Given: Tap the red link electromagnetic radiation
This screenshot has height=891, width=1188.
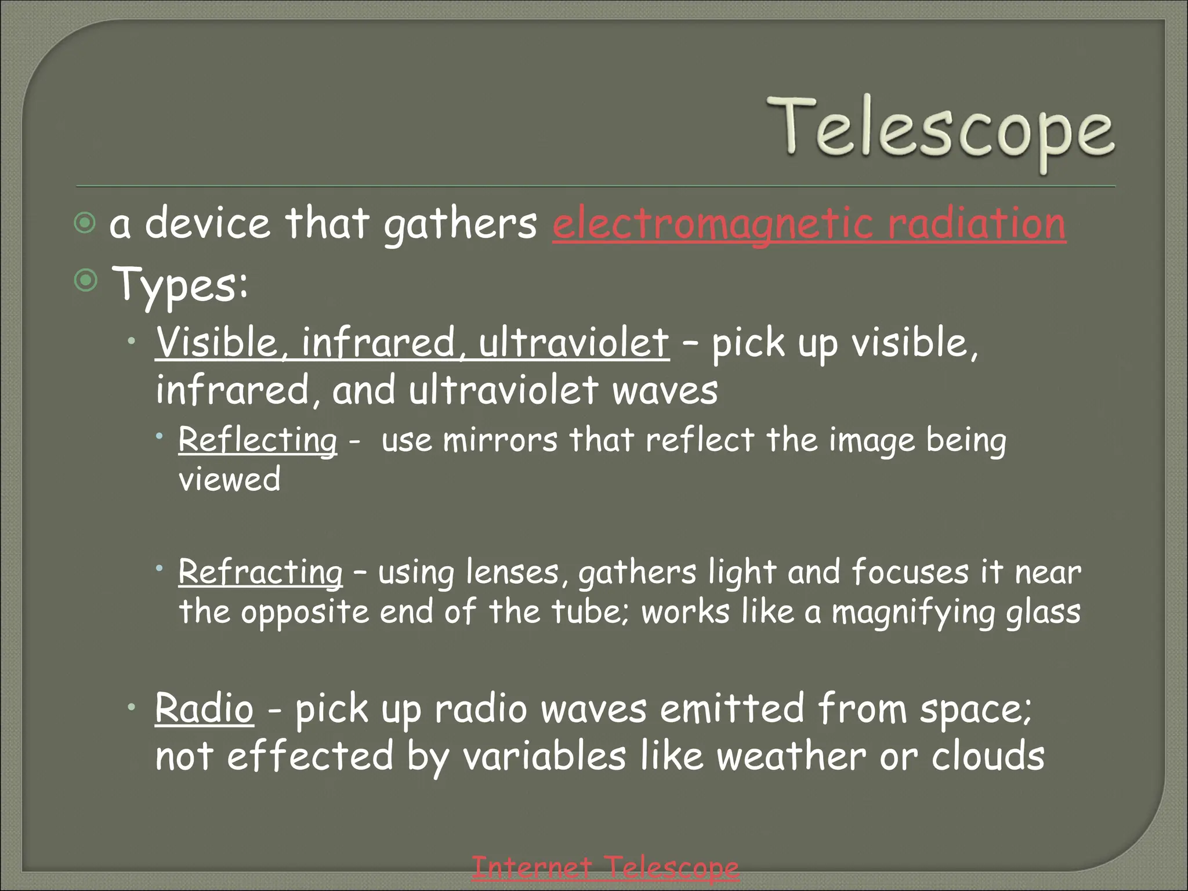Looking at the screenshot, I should [809, 224].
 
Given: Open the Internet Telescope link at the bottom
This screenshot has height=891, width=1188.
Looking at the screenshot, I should [605, 868].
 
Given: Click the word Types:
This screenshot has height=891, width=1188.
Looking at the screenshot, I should [180, 284].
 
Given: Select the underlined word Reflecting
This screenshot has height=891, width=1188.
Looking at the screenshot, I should [258, 440].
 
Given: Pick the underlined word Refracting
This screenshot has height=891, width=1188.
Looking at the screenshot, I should [260, 572].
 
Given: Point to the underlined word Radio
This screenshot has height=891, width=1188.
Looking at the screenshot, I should [204, 708].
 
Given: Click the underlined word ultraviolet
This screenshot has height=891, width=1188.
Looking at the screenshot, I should [574, 342].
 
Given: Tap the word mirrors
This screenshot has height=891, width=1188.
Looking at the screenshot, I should [500, 440].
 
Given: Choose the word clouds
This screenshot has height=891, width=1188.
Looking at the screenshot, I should [988, 756].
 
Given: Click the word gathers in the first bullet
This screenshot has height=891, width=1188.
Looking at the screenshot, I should [461, 224].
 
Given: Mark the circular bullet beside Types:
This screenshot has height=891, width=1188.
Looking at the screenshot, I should [86, 281].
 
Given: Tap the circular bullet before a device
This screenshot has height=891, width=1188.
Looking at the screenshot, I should [85, 223].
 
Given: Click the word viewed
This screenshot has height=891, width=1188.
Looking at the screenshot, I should [230, 479].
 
